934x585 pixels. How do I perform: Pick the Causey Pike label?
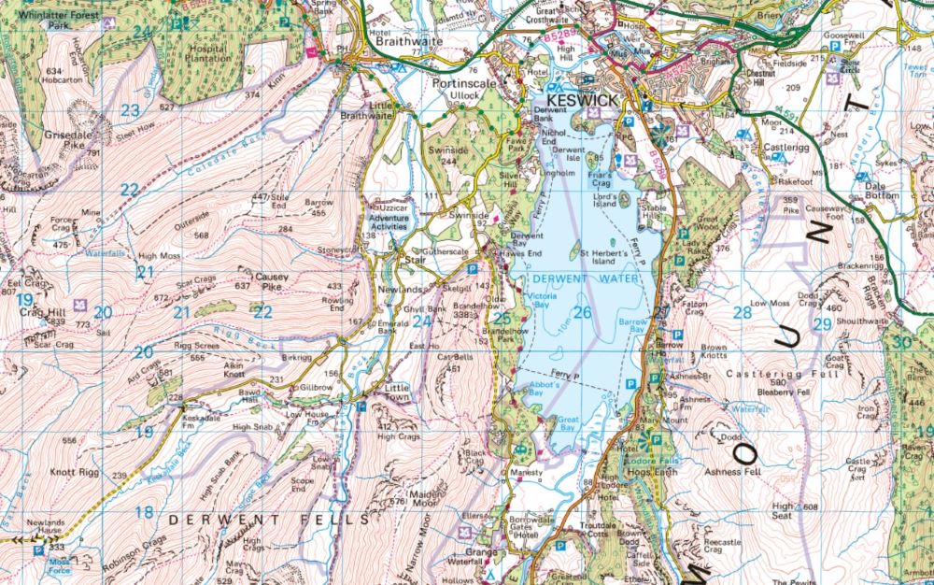(273, 282)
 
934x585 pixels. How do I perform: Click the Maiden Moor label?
(412, 495)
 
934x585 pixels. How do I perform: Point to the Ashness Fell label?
(740, 472)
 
